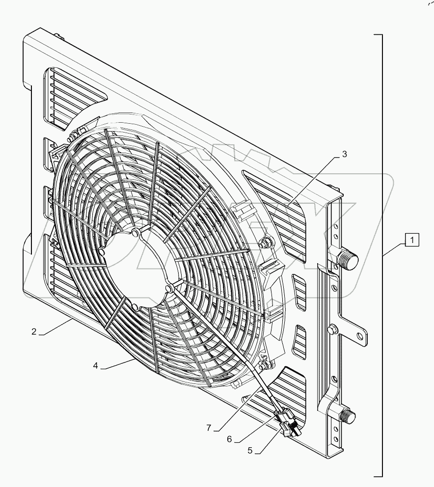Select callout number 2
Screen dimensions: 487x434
(x=34, y=331)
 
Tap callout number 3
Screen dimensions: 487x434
(x=345, y=154)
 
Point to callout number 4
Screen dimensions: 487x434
(x=96, y=365)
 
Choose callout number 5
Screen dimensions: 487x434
(x=250, y=450)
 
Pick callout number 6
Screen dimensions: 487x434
(x=229, y=439)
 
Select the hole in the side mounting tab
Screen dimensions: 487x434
(x=361, y=336)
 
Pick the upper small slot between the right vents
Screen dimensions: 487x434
(x=298, y=292)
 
